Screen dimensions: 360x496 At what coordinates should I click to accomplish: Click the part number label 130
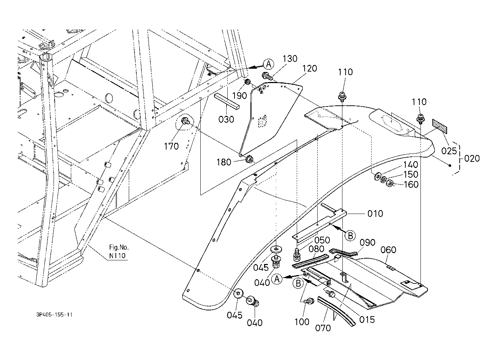click(290, 59)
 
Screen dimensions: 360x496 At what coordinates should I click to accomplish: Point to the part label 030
click(226, 119)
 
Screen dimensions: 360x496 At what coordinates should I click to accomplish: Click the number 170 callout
click(171, 146)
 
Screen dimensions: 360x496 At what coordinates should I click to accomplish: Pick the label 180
click(224, 163)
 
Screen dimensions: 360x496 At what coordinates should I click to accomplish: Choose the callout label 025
click(449, 151)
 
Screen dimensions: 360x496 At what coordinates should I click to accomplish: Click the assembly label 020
click(472, 158)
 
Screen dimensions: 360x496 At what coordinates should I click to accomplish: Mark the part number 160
click(411, 184)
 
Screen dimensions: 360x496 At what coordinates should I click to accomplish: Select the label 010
click(375, 214)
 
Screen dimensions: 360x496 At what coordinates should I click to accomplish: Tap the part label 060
click(388, 250)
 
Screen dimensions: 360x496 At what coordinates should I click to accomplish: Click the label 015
click(367, 319)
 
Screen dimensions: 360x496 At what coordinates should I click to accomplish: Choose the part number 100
click(302, 322)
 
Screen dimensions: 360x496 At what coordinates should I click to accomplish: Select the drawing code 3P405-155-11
click(54, 314)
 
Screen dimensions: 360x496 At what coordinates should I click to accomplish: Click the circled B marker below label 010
click(350, 236)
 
